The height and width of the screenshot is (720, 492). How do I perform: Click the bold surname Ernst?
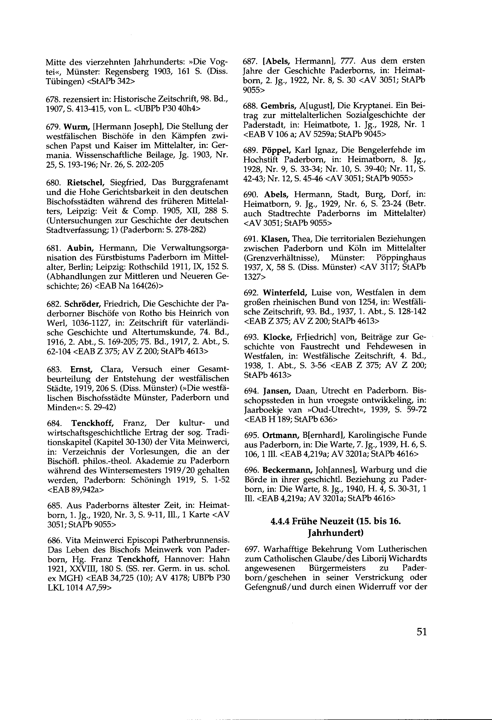(82, 369)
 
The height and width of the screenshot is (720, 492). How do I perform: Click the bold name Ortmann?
(281, 435)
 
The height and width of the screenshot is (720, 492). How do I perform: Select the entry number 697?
(252, 549)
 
